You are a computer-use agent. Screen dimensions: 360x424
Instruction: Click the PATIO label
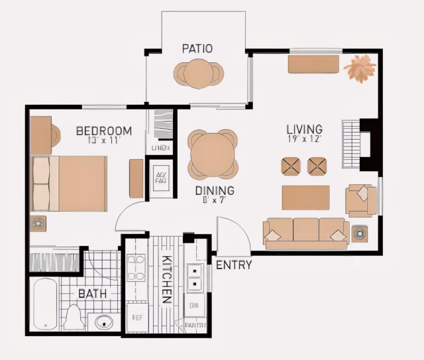tap(197, 48)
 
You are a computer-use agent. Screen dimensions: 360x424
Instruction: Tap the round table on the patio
tap(198, 73)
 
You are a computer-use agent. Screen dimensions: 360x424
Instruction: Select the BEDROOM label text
tap(104, 131)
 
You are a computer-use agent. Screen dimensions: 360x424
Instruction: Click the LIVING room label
tap(304, 129)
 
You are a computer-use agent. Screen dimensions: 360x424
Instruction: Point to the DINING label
tap(214, 190)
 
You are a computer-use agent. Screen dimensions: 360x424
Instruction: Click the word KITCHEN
tap(168, 279)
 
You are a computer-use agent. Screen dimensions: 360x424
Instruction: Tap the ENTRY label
tap(234, 265)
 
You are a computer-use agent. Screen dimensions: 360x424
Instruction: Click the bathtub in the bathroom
tap(44, 304)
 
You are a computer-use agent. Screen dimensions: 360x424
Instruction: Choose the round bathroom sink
tap(104, 323)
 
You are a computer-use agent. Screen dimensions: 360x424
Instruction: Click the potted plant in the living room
tap(360, 68)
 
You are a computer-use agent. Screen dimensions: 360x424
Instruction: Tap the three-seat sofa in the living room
tap(305, 232)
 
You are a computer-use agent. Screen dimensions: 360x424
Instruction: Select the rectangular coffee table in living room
tap(305, 197)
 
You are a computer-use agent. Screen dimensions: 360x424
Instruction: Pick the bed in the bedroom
tap(70, 183)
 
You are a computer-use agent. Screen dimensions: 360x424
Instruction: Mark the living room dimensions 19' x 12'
tap(304, 139)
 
